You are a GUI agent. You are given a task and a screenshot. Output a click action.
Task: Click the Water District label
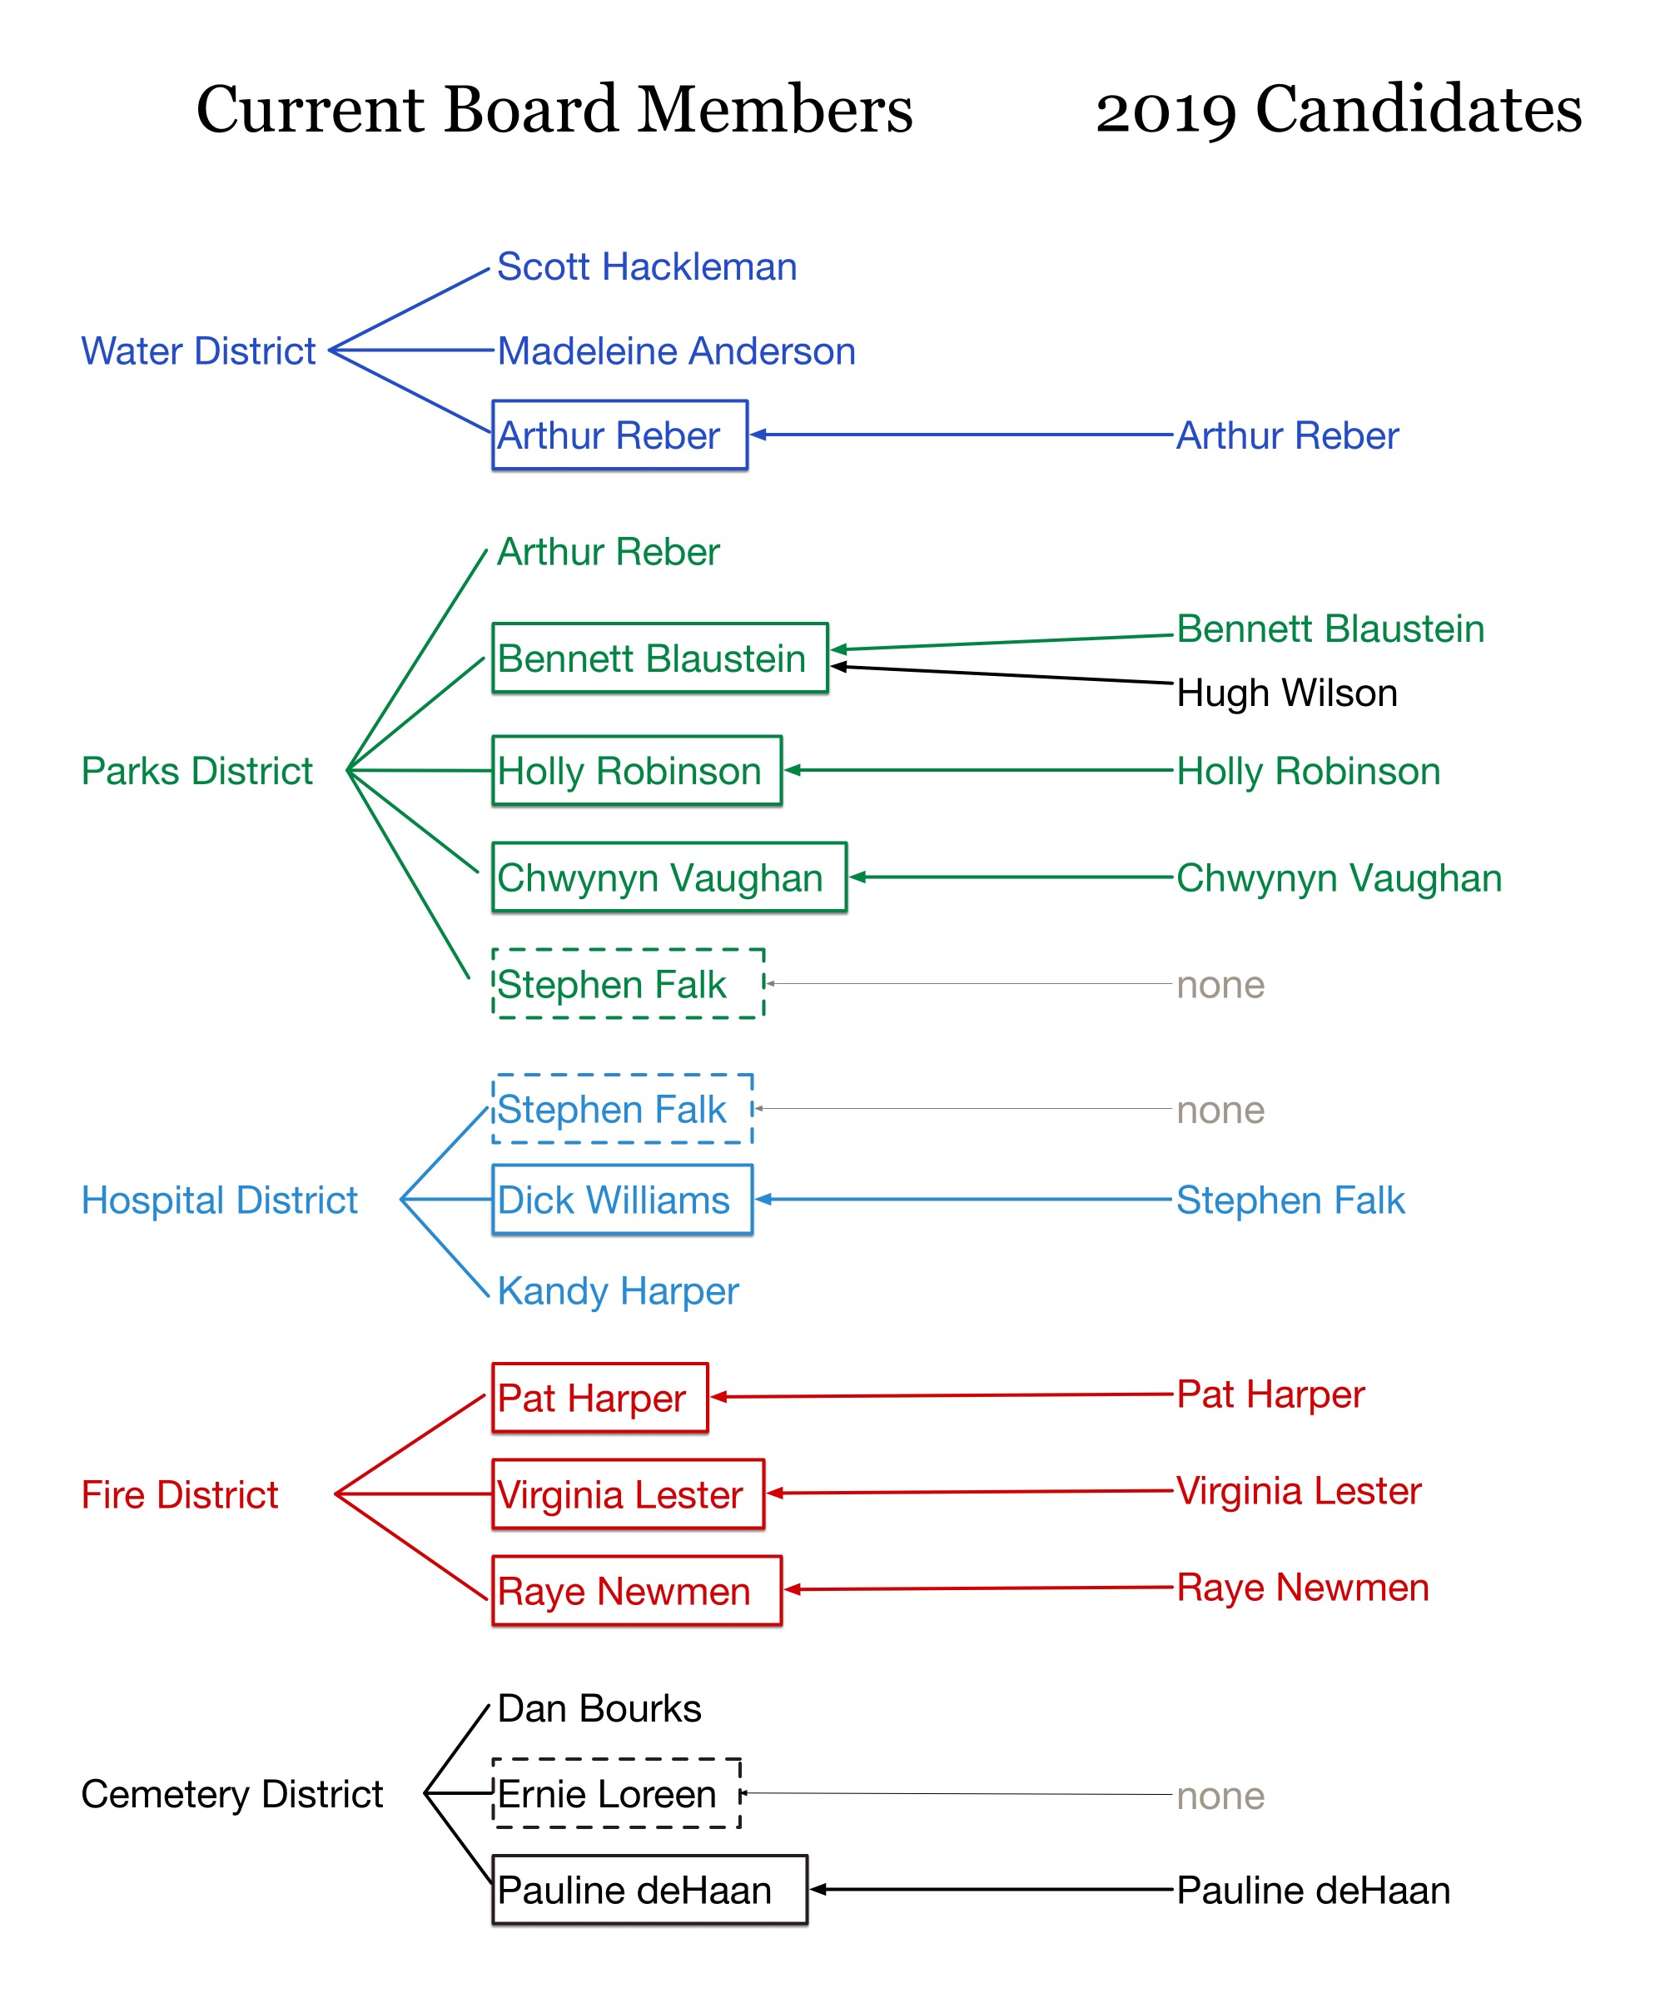(198, 351)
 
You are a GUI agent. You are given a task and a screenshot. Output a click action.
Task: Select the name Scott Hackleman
(646, 266)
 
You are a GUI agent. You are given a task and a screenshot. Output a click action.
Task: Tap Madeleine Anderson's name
(675, 351)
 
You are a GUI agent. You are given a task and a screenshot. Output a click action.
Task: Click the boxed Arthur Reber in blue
(619, 435)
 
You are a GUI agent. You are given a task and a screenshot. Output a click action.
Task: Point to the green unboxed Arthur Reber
(608, 552)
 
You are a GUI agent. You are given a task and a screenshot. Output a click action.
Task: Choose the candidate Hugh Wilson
(1286, 693)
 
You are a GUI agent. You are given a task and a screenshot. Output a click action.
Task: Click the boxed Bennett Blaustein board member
(659, 659)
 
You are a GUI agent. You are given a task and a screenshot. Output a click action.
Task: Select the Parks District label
(197, 771)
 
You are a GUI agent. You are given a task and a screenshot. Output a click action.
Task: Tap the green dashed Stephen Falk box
(628, 984)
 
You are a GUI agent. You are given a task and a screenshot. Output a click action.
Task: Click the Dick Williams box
(622, 1200)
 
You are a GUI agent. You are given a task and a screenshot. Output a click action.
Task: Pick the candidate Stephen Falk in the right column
(1290, 1200)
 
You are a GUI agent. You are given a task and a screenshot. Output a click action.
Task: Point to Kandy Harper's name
(618, 1291)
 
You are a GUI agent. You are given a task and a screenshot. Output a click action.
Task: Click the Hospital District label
(219, 1200)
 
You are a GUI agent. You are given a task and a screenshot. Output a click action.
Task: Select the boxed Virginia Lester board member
(628, 1494)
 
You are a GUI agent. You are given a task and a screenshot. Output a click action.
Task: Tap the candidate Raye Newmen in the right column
(1303, 1587)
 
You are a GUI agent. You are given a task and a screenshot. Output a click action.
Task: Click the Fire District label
(180, 1494)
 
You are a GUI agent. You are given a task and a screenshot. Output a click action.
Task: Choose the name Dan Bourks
(599, 1709)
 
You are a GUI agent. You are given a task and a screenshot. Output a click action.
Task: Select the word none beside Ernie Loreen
(1220, 1797)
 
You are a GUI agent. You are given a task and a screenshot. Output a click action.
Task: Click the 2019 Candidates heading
(1339, 109)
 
